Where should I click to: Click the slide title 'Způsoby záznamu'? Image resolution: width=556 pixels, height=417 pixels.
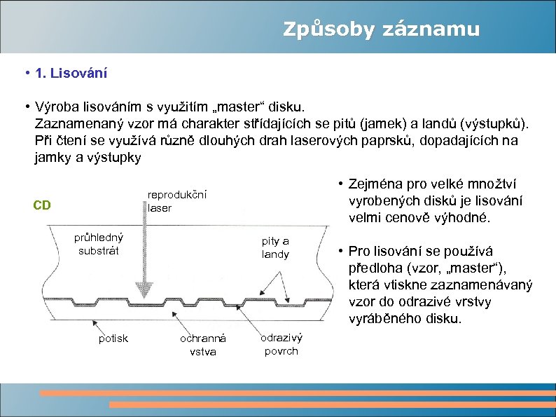click(381, 29)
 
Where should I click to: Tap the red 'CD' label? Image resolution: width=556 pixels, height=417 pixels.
click(42, 205)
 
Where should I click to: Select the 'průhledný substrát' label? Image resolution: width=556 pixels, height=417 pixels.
click(99, 243)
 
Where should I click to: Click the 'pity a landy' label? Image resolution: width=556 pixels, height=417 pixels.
click(275, 247)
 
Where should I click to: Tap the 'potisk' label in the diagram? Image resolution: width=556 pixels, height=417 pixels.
click(113, 339)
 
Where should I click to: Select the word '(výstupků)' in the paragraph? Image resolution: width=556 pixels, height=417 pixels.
click(496, 123)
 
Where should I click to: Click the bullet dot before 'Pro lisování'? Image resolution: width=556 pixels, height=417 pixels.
click(338, 251)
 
